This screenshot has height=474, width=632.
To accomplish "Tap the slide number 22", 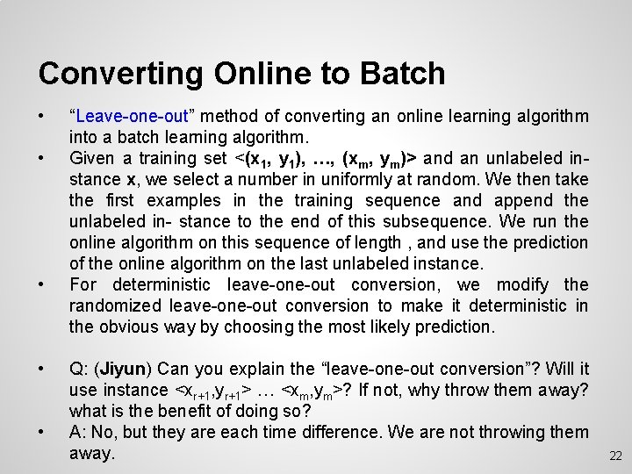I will (614, 456).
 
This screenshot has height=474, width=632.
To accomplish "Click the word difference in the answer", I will (332, 432).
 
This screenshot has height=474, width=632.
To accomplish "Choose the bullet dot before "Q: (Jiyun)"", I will (42, 369).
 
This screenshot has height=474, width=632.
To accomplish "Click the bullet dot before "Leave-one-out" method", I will (42, 116).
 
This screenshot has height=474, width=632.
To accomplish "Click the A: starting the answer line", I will (79, 432).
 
